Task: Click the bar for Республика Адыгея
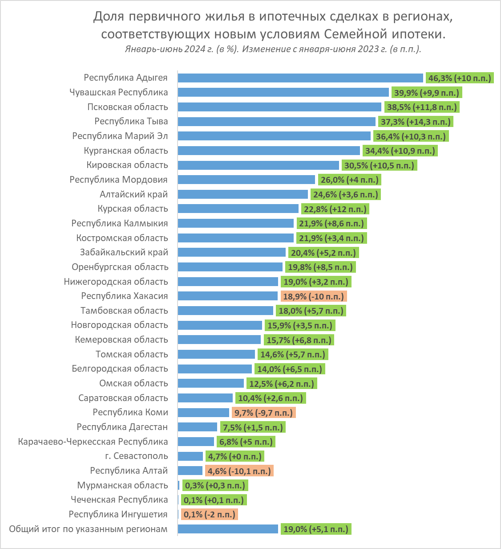(x=300, y=78)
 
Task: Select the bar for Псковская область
(x=279, y=107)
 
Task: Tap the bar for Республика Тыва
(x=277, y=122)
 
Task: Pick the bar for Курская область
(x=238, y=209)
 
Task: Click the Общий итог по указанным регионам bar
(x=228, y=529)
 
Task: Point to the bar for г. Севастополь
(x=190, y=456)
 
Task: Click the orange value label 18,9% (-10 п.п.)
(x=314, y=296)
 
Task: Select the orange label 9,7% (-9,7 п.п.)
(x=263, y=413)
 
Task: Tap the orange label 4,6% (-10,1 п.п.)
(x=239, y=471)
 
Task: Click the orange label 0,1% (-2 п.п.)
(x=209, y=515)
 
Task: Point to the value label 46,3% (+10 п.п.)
(x=460, y=78)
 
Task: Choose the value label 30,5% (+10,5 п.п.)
(x=379, y=166)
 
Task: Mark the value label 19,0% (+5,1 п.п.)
(x=316, y=529)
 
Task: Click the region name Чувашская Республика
(x=119, y=92)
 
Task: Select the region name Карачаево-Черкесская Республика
(x=93, y=442)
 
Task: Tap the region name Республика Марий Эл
(x=120, y=136)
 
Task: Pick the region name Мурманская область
(x=122, y=485)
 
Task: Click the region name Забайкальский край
(x=124, y=252)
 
